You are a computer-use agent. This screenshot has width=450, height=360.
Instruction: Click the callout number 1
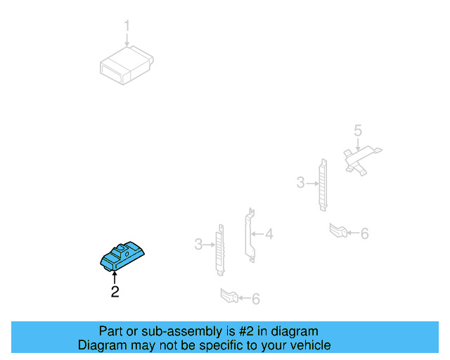(x=127, y=27)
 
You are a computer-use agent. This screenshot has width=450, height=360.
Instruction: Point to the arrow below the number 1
(x=127, y=41)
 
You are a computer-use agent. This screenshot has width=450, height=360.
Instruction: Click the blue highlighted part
(x=122, y=258)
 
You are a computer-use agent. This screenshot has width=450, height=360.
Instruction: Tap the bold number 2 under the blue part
(x=115, y=292)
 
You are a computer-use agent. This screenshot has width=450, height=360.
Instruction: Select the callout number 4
(x=269, y=234)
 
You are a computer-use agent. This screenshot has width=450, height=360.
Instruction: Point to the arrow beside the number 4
(x=259, y=234)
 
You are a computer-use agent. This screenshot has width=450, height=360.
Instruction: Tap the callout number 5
(x=357, y=130)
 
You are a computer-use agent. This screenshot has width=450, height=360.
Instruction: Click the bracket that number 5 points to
(x=360, y=157)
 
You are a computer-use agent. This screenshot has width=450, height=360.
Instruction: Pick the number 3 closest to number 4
(x=199, y=244)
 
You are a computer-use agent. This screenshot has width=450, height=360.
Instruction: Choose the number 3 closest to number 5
(x=301, y=183)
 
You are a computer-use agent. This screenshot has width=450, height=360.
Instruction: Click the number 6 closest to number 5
(x=364, y=233)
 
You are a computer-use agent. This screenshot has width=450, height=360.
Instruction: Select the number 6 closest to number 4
(x=255, y=300)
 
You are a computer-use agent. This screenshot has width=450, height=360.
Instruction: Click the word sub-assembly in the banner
(x=163, y=331)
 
